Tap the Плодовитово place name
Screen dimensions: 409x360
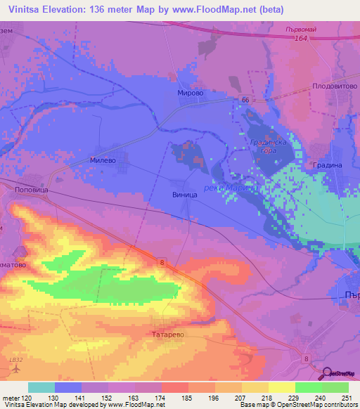coord(334,88)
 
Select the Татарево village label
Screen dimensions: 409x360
coord(168,335)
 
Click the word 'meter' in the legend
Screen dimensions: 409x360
coord(10,397)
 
